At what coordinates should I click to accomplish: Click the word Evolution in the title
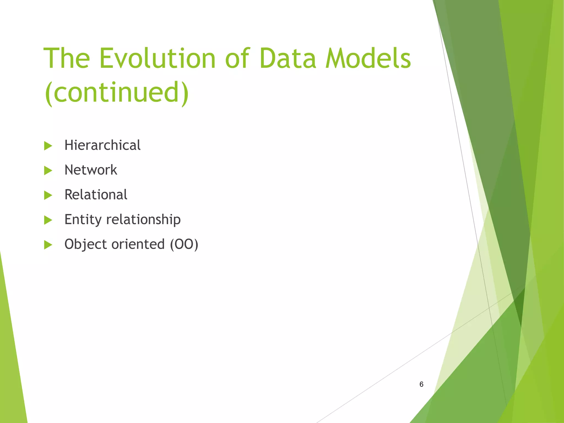[x=157, y=58]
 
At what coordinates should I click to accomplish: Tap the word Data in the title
[x=288, y=58]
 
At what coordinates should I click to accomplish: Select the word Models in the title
[x=368, y=58]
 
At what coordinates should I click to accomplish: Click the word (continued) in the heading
[x=116, y=92]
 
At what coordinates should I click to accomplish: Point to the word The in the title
[x=67, y=58]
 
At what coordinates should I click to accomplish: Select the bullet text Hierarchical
[x=102, y=145]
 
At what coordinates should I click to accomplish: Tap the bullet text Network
[x=91, y=170]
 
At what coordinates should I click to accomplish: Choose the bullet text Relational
[x=96, y=195]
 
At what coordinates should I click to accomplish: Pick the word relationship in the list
[x=143, y=220]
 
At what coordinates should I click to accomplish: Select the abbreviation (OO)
[x=184, y=245]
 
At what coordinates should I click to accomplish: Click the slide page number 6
[x=421, y=384]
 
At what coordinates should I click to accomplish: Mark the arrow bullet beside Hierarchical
[x=48, y=146]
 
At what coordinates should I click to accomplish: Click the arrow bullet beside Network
[x=48, y=171]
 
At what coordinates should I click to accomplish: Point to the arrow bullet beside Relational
[x=48, y=196]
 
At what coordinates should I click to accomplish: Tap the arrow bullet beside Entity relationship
[x=48, y=220]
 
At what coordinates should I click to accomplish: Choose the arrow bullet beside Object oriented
[x=48, y=245]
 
